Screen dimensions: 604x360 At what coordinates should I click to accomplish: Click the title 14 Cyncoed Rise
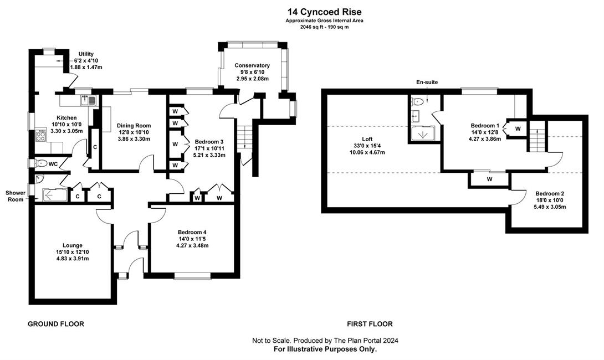click(324, 12)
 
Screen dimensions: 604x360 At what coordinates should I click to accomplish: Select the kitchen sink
click(89, 100)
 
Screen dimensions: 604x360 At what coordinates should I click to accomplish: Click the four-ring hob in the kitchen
click(40, 135)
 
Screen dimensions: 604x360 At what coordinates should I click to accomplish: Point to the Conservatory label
click(252, 65)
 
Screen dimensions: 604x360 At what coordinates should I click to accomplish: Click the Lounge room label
click(73, 245)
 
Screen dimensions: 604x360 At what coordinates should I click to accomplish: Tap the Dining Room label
click(134, 126)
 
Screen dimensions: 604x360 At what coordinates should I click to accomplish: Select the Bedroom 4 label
click(192, 232)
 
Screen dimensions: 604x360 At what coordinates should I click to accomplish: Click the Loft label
click(367, 139)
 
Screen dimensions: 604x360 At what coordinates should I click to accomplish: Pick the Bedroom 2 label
click(550, 193)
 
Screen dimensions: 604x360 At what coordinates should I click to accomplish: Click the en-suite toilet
click(418, 102)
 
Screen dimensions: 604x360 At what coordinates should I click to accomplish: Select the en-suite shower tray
click(423, 133)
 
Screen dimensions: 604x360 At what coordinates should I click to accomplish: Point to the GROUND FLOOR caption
click(56, 324)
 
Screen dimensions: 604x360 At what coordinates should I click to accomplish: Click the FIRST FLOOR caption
click(370, 324)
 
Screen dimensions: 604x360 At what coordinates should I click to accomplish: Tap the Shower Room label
click(16, 196)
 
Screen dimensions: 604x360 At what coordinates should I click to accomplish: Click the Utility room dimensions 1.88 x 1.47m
click(86, 68)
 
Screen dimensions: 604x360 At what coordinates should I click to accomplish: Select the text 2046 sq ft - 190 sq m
click(324, 27)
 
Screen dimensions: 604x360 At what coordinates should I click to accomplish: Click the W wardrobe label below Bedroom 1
click(490, 179)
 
